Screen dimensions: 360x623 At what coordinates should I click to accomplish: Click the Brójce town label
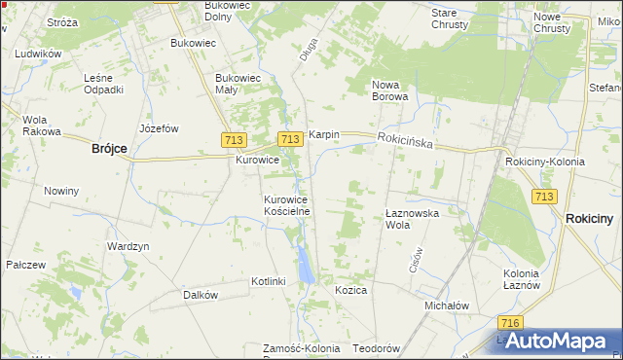coord(109,148)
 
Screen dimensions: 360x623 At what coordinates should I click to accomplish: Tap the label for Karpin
coord(323,134)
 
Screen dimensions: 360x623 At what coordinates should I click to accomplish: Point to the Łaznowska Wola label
coord(412,218)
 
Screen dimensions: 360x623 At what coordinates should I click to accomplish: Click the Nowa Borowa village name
coord(394,90)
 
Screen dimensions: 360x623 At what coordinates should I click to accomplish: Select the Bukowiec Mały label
coord(239,84)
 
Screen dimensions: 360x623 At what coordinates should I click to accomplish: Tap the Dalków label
coord(200,294)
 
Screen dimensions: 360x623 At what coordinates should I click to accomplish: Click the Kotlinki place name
coord(268,281)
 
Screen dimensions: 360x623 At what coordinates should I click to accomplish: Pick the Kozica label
coord(350,290)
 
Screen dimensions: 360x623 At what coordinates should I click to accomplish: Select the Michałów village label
coord(447,305)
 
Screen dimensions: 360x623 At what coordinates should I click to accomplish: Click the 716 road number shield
coord(508,322)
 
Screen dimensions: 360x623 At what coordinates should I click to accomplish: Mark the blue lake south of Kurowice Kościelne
coord(306,261)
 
